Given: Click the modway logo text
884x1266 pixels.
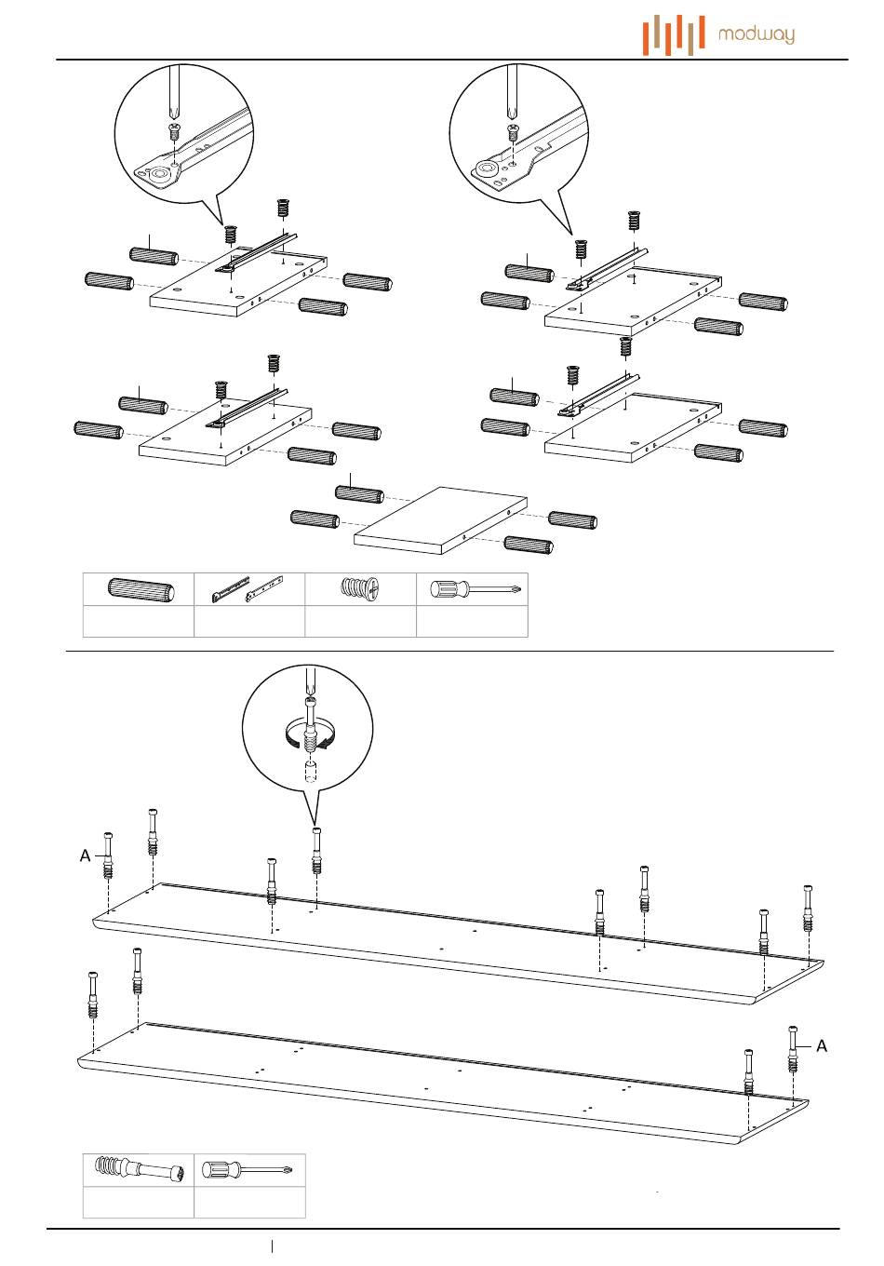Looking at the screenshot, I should tap(757, 35).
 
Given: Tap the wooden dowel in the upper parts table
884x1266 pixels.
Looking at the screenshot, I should tap(140, 590).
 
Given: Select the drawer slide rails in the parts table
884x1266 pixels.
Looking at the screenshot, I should tap(248, 589).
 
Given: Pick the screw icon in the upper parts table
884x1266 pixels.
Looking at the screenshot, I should tap(361, 590).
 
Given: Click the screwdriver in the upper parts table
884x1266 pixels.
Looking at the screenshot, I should tap(473, 589).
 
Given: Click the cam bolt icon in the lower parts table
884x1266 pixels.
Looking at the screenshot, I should tap(139, 1169).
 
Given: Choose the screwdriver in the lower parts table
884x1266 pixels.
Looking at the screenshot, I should tap(249, 1169).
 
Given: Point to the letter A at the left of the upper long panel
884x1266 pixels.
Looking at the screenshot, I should tap(85, 855).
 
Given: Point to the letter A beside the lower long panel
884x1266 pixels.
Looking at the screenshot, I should tap(822, 1046).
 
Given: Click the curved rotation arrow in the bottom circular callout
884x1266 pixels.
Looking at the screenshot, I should tap(307, 737).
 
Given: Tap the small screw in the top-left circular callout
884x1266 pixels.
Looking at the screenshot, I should tap(173, 131).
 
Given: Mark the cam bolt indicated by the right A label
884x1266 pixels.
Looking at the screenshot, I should tap(793, 1049).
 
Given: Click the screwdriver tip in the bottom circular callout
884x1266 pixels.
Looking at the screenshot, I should tap(310, 693).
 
